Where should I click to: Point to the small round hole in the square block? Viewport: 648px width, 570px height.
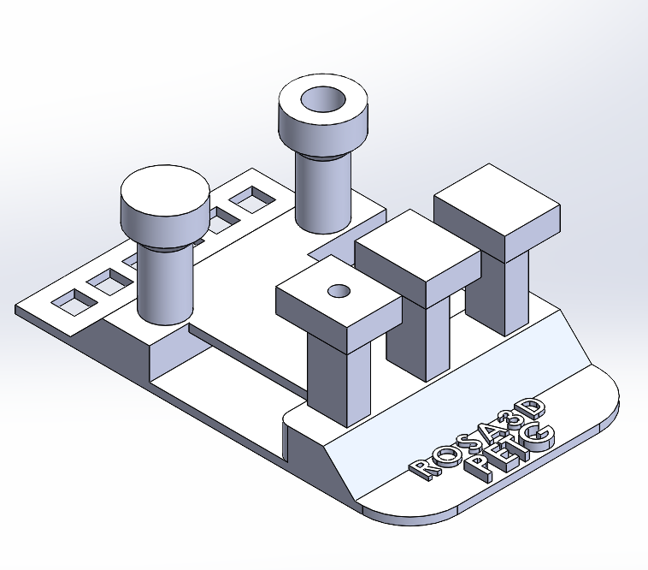(x=339, y=291)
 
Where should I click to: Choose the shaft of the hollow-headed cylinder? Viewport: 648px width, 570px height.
(x=322, y=193)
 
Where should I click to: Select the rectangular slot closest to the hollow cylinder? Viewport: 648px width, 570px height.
(x=251, y=199)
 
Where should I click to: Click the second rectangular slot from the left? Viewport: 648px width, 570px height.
(x=109, y=280)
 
